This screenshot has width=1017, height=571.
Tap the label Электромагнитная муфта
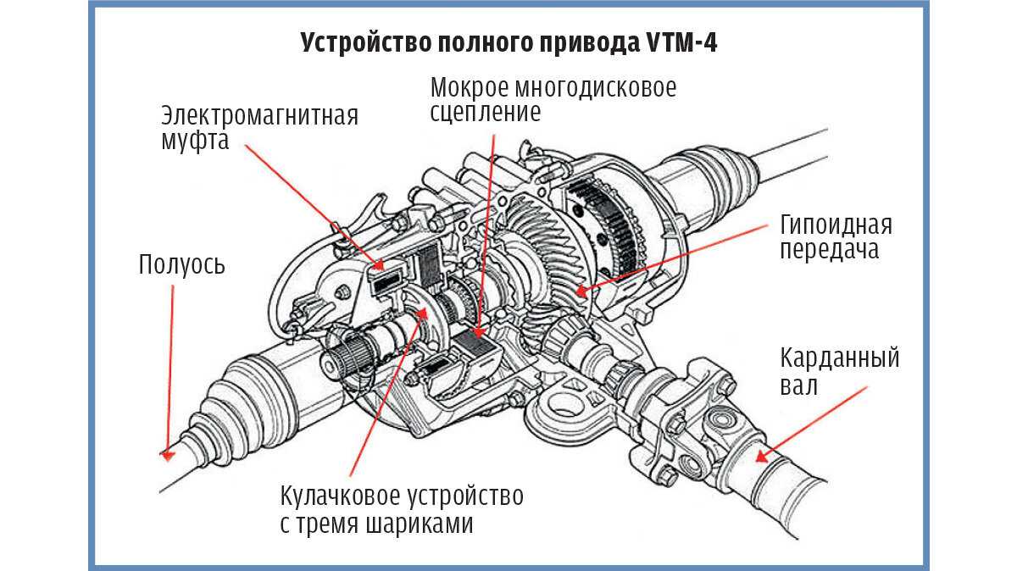(x=259, y=127)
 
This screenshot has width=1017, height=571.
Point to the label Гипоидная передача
(x=836, y=238)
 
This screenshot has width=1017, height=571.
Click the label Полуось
(x=182, y=265)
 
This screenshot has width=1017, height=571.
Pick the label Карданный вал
(x=839, y=371)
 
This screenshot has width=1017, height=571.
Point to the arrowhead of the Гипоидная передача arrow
(x=578, y=292)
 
